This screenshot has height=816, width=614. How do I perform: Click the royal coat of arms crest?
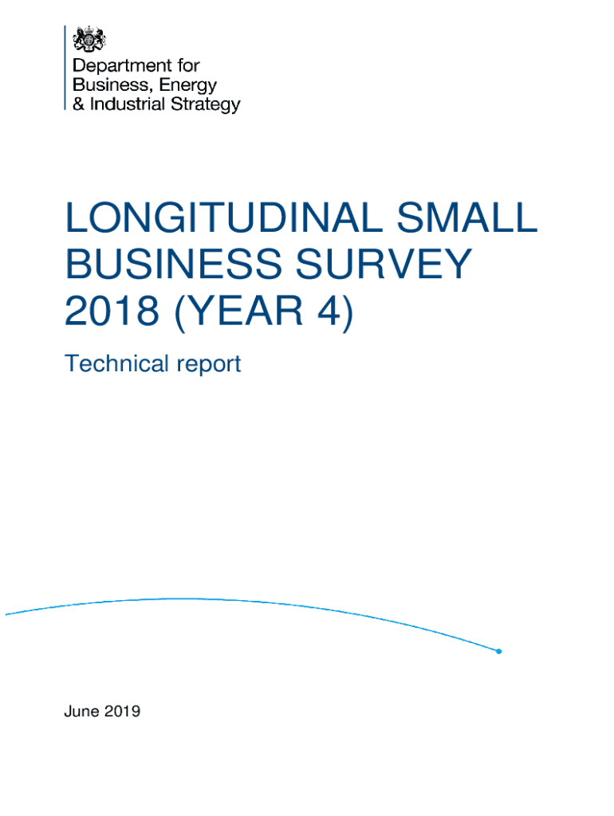[x=89, y=39]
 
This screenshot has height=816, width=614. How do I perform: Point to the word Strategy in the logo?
[x=205, y=104]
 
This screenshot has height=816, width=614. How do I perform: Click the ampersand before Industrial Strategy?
[x=79, y=104]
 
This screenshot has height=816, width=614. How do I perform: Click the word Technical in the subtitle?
[x=115, y=364]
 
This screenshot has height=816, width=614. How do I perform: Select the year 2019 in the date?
[x=122, y=712]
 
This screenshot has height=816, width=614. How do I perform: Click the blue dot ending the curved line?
[x=498, y=651]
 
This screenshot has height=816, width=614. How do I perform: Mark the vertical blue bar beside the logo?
[x=65, y=68]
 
